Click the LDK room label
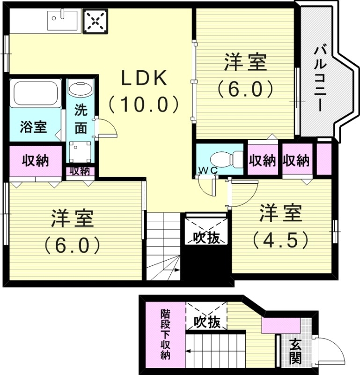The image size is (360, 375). [144, 78]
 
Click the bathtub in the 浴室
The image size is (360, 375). [36, 93]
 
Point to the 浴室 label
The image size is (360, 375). [33, 127]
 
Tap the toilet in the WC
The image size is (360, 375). [224, 159]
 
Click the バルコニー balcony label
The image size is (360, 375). [321, 78]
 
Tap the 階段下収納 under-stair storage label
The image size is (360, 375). [165, 333]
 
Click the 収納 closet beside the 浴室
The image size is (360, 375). [36, 161]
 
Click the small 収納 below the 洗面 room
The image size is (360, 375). [80, 171]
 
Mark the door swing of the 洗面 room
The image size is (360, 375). [104, 127]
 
